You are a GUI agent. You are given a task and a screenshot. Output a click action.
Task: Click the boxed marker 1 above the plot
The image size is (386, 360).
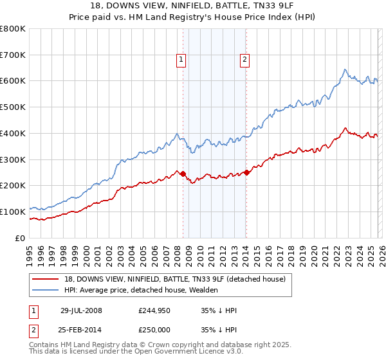click(181, 60)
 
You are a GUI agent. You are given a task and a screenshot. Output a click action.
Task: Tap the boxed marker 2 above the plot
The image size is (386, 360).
click(245, 60)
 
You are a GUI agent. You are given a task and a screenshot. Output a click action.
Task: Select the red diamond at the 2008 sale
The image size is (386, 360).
click(183, 174)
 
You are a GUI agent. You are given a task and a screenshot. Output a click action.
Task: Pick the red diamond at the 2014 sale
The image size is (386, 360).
click(247, 172)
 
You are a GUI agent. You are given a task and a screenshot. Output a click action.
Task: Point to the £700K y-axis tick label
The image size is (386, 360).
click(13, 55)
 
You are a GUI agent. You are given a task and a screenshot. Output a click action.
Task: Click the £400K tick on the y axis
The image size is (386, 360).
click(13, 134)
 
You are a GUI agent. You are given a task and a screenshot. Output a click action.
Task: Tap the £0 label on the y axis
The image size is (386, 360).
click(21, 238)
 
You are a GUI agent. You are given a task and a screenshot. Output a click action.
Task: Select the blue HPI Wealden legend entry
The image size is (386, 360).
click(141, 290)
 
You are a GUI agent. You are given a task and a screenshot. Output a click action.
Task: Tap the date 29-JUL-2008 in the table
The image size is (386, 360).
click(81, 310)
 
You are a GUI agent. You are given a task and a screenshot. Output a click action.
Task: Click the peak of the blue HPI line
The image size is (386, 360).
click(345, 69)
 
